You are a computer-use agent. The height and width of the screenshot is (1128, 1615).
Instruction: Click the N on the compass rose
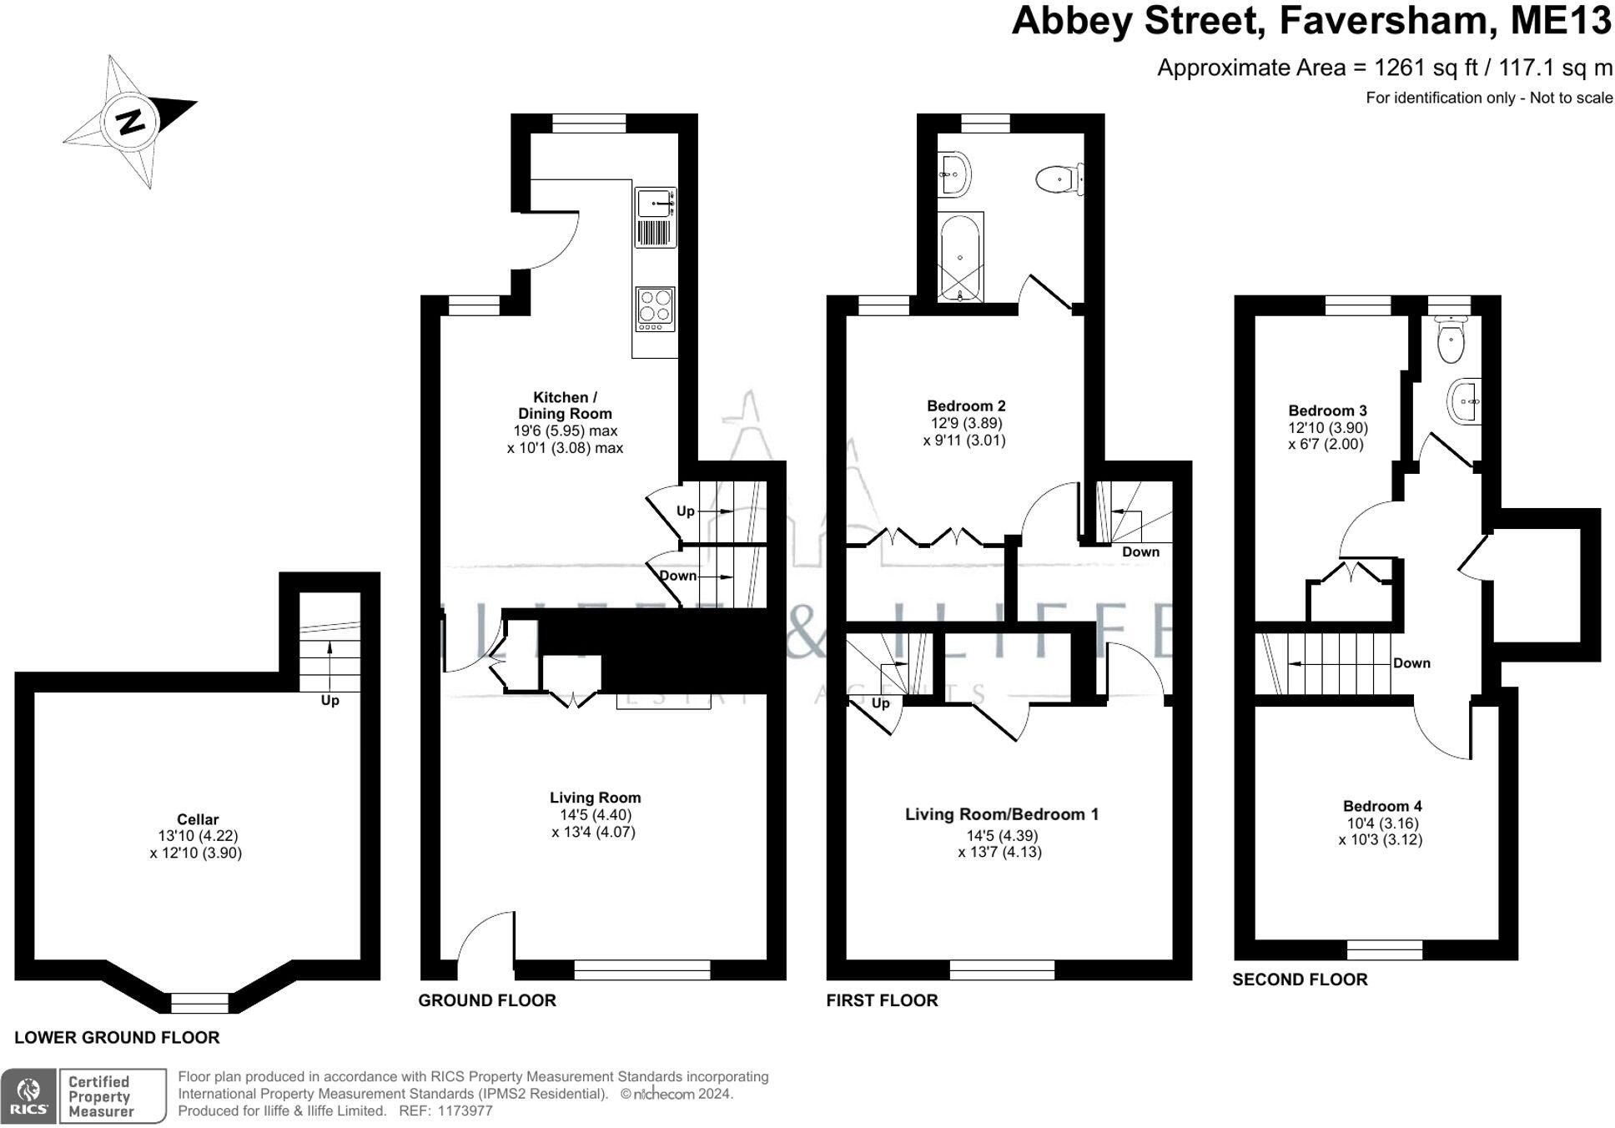tap(130, 122)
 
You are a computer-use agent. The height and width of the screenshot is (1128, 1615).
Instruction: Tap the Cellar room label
tap(198, 819)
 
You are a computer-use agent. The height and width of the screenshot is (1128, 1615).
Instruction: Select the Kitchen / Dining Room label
tap(565, 405)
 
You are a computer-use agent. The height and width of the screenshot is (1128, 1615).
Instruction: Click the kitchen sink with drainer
tap(656, 217)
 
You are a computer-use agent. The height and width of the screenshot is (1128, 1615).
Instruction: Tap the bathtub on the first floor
tap(961, 257)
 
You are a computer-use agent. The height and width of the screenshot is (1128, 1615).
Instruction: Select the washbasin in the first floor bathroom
tap(953, 174)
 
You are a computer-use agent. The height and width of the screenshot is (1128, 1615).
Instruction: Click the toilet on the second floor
tap(1452, 341)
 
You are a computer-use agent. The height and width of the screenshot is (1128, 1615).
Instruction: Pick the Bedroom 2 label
tap(966, 406)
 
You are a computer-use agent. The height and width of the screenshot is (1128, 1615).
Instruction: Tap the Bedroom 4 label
tap(1382, 806)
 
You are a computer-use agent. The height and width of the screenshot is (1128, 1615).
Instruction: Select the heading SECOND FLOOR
tap(1300, 979)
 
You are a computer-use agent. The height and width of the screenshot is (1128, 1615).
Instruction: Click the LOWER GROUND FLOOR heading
tap(117, 1037)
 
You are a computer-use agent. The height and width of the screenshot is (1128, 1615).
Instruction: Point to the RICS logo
tap(28, 1095)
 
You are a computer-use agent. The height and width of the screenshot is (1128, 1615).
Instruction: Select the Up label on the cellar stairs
tap(330, 701)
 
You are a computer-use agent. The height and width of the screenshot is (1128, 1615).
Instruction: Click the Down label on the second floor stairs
tap(1411, 663)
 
